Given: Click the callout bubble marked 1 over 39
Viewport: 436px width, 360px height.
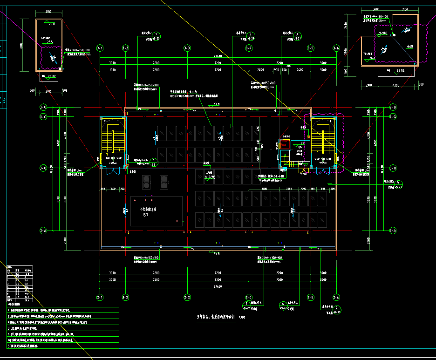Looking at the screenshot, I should pyautogui.click(x=155, y=162).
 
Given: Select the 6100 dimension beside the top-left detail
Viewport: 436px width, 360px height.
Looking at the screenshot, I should pyautogui.click(x=21, y=45).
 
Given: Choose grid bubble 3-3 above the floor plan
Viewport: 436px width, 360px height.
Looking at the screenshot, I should pyautogui.click(x=187, y=48).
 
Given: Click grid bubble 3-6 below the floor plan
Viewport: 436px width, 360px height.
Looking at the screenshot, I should pyautogui.click(x=336, y=297).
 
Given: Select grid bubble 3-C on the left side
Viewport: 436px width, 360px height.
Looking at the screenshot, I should pyautogui.click(x=43, y=116).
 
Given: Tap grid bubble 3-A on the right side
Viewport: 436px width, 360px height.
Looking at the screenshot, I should pyautogui.click(x=393, y=231).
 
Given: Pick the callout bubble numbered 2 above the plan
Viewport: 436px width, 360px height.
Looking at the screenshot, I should pyautogui.click(x=251, y=34).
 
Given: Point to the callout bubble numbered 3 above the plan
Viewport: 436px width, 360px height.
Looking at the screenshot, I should pyautogui.click(x=299, y=34).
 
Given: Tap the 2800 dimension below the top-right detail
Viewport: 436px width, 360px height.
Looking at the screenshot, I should pyautogui.click(x=369, y=85).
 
